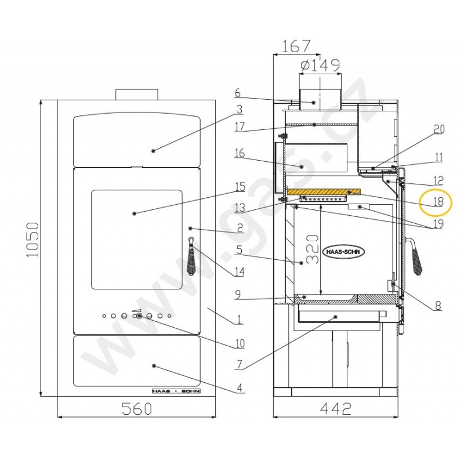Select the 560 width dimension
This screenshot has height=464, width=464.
click(x=137, y=408)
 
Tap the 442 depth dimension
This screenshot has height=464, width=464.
click(x=336, y=408)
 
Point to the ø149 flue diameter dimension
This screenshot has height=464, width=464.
click(x=320, y=66)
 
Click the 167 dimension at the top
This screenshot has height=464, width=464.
click(x=296, y=46)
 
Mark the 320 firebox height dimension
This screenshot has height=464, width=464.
click(x=313, y=249)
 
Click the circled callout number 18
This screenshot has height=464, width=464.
click(x=438, y=201)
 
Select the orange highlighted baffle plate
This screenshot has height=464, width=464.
click(x=324, y=192)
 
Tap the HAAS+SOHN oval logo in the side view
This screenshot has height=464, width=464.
click(x=343, y=252)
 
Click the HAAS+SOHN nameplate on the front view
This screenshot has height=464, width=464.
click(x=176, y=391)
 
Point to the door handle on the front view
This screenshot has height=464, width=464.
click(x=191, y=256)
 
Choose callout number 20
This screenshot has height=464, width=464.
click(x=439, y=129)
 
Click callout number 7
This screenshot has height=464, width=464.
click(x=240, y=364)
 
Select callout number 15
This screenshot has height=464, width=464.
click(x=240, y=187)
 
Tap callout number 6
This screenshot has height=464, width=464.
click(x=238, y=93)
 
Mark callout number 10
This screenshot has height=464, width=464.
click(x=240, y=343)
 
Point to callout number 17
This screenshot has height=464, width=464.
click(x=240, y=126)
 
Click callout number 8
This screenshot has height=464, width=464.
click(x=438, y=306)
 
